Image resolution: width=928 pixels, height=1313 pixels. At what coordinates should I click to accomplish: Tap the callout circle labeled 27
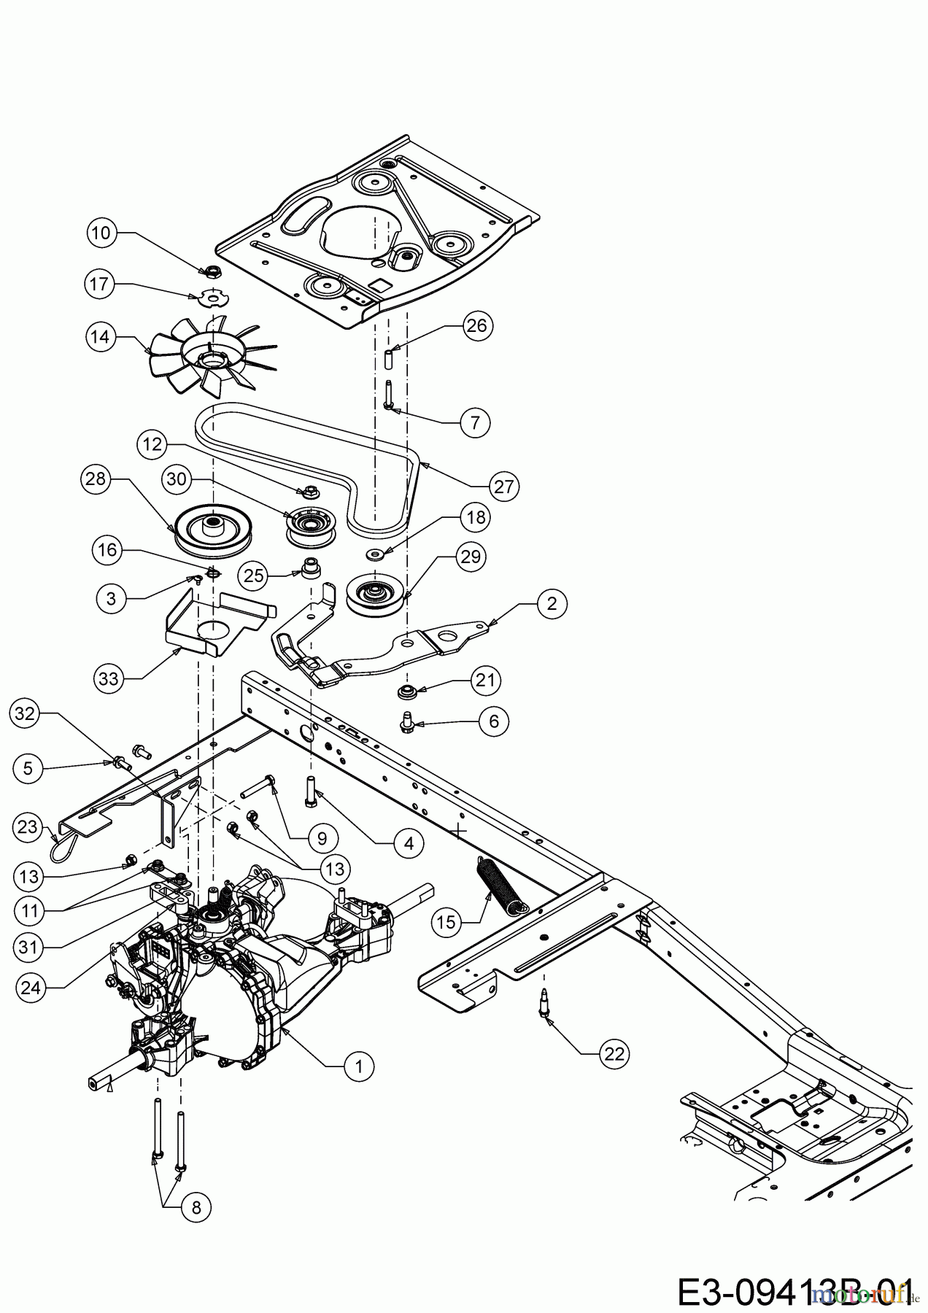click(504, 487)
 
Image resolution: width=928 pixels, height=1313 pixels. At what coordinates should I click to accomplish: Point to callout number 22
click(614, 1053)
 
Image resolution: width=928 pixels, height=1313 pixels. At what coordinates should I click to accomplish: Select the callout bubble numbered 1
click(358, 1066)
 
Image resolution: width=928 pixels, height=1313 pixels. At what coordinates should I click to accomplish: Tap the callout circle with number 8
click(196, 1207)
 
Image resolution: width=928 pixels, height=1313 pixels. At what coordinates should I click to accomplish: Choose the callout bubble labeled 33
click(109, 679)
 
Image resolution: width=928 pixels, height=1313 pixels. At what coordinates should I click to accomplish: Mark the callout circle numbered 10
click(102, 233)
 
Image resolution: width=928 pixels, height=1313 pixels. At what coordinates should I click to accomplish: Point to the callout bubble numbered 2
click(552, 603)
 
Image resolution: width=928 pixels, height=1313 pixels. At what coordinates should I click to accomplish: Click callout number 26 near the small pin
click(476, 325)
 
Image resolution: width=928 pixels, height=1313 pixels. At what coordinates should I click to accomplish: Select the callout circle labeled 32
click(26, 714)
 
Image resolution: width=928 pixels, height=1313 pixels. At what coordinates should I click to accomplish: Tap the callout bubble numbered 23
click(27, 826)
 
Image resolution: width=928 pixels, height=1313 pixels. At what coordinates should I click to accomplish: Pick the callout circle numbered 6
click(494, 721)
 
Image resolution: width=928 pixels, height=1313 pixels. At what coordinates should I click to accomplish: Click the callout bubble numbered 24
click(31, 988)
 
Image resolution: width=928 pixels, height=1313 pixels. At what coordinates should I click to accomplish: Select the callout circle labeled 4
click(409, 843)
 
